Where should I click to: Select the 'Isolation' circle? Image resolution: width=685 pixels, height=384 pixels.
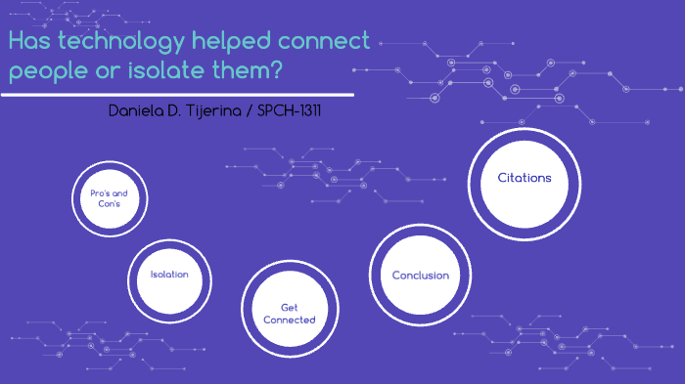click(x=168, y=275)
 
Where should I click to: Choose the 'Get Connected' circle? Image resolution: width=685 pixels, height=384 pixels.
click(x=289, y=313)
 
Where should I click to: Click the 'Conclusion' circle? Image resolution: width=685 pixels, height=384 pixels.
click(x=420, y=275)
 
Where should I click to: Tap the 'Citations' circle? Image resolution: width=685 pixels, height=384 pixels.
click(x=525, y=178)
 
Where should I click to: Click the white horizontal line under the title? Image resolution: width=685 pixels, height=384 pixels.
click(x=176, y=95)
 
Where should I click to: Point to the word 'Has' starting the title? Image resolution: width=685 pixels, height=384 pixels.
click(x=29, y=42)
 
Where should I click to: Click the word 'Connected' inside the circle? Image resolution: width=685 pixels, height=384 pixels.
click(x=290, y=320)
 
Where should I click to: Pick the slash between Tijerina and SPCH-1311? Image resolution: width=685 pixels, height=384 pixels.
click(x=248, y=110)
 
